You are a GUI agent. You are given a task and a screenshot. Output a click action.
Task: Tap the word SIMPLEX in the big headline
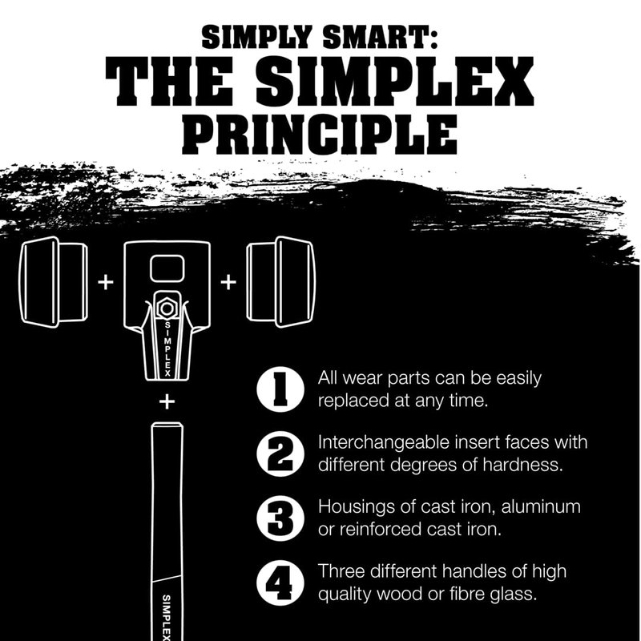click(395, 82)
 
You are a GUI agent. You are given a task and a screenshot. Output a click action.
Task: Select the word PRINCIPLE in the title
click(320, 134)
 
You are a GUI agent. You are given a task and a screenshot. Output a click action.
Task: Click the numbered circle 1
click(280, 389)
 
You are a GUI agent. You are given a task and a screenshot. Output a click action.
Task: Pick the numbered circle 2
click(280, 454)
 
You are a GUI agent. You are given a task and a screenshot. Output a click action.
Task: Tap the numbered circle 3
click(280, 518)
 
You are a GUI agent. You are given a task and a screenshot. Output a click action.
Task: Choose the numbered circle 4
click(280, 583)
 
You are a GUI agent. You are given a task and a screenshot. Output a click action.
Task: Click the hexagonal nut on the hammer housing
click(166, 308)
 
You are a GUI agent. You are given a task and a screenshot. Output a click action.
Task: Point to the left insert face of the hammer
click(53, 282)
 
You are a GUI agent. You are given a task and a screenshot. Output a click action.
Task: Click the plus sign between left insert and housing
click(106, 282)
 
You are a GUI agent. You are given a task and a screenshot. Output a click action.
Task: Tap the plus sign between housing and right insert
click(228, 282)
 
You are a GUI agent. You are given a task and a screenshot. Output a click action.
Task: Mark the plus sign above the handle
click(167, 402)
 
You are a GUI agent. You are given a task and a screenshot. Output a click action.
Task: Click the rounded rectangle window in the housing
click(167, 268)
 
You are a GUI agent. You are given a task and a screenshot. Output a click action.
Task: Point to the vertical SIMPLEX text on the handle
click(167, 618)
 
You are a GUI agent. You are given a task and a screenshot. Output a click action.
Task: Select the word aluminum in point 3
click(541, 507)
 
